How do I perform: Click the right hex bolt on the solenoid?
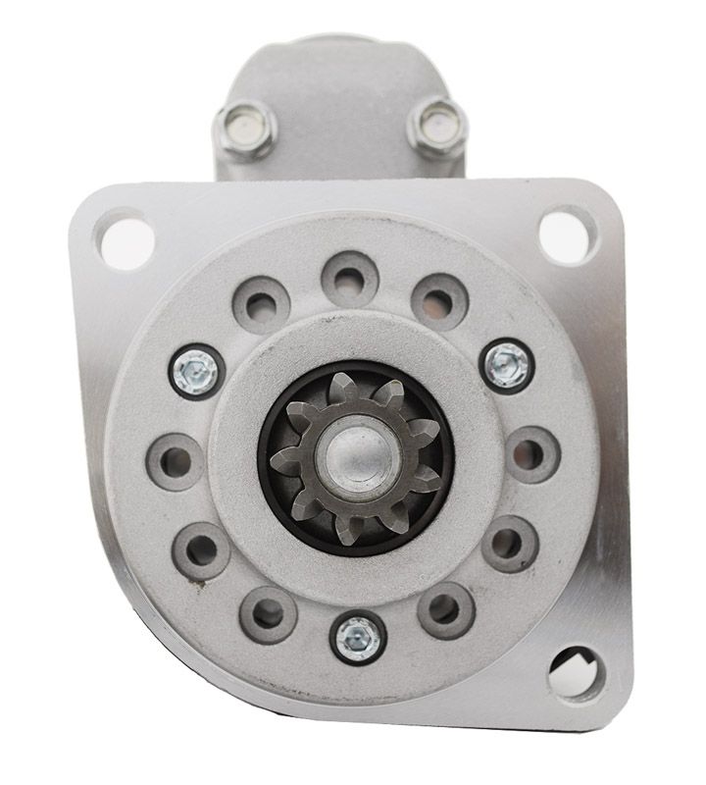click(x=436, y=125)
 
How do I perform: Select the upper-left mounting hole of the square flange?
click(x=125, y=235)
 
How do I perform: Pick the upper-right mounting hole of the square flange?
click(x=569, y=233)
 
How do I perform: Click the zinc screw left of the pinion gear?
click(x=197, y=371)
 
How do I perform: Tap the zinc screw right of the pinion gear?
click(x=509, y=365)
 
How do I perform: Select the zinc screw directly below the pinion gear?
click(x=357, y=639)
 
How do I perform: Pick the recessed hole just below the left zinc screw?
click(x=175, y=456)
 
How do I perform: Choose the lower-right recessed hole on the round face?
click(x=511, y=543)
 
